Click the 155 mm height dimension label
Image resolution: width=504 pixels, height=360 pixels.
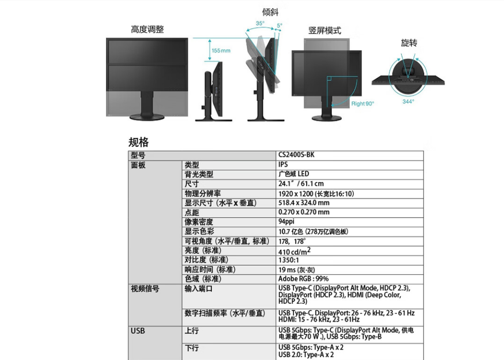tap(221, 50)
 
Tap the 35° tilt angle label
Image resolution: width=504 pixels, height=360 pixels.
tap(260, 23)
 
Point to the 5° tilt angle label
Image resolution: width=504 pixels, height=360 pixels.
tap(279, 25)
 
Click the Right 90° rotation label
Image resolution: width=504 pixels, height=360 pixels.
tap(363, 103)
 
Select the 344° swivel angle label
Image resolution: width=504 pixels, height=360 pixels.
tap(408, 101)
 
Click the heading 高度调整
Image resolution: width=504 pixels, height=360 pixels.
tap(147, 29)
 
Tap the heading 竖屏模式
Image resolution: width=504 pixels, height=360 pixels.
tap(325, 30)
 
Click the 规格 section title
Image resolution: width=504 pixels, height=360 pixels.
tap(138, 142)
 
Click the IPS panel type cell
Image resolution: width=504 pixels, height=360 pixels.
tap(283, 165)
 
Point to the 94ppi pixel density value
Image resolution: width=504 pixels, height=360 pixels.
tap(287, 222)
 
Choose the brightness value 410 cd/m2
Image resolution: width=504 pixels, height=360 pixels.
tap(294, 251)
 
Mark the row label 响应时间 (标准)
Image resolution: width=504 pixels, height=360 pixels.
tap(210, 269)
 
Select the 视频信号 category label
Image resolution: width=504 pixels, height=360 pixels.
tap(145, 289)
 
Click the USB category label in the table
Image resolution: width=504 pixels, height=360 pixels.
tap(138, 331)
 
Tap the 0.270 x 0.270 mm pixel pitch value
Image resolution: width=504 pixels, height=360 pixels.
tap(304, 212)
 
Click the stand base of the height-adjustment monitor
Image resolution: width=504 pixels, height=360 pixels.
tap(147, 116)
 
